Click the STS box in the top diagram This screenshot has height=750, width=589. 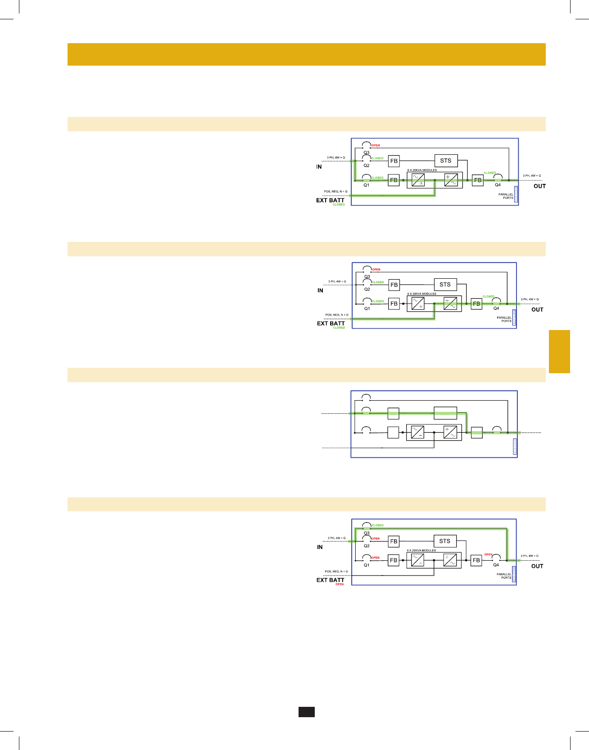pyautogui.click(x=446, y=161)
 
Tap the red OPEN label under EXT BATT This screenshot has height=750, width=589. pyautogui.click(x=340, y=584)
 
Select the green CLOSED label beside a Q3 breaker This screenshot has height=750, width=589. pyautogui.click(x=378, y=525)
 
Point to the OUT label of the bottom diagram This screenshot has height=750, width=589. pyautogui.click(x=537, y=566)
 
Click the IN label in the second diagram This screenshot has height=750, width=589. pyautogui.click(x=320, y=290)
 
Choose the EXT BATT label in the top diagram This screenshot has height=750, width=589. pyautogui.click(x=330, y=200)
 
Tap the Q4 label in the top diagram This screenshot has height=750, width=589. pyautogui.click(x=498, y=185)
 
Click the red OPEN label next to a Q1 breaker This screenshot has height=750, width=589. pyautogui.click(x=376, y=558)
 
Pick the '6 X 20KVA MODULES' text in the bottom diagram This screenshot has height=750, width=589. pyautogui.click(x=421, y=550)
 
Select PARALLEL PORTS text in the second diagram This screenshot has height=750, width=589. pyautogui.click(x=504, y=319)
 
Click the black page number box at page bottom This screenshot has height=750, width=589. pyautogui.click(x=306, y=712)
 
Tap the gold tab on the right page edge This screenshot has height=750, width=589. pyautogui.click(x=559, y=352)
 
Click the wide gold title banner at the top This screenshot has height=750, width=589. pyautogui.click(x=306, y=54)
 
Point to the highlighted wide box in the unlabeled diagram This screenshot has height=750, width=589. pyautogui.click(x=445, y=412)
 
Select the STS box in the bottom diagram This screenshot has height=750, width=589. pyautogui.click(x=445, y=541)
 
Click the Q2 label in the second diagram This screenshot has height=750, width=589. pyautogui.click(x=367, y=289)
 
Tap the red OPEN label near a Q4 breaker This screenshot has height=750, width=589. pyautogui.click(x=488, y=554)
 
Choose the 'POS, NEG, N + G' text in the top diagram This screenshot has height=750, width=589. pyautogui.click(x=335, y=192)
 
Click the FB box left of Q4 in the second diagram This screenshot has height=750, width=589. pyautogui.click(x=476, y=304)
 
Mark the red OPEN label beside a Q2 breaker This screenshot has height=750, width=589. pyautogui.click(x=376, y=538)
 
